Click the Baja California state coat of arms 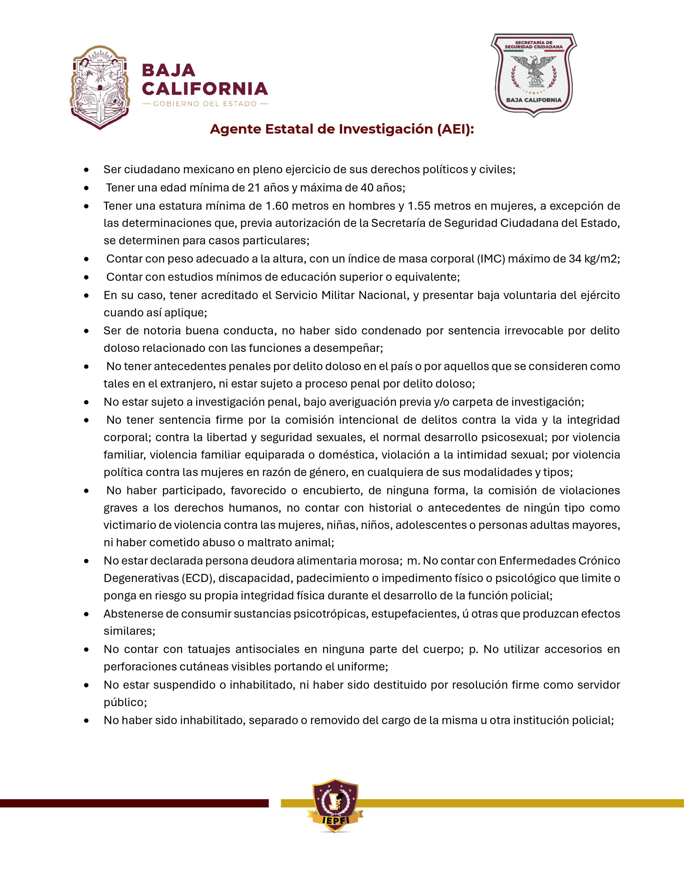pyautogui.click(x=100, y=87)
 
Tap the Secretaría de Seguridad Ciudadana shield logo pyautogui.click(x=534, y=75)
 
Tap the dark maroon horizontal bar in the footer pyautogui.click(x=134, y=803)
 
